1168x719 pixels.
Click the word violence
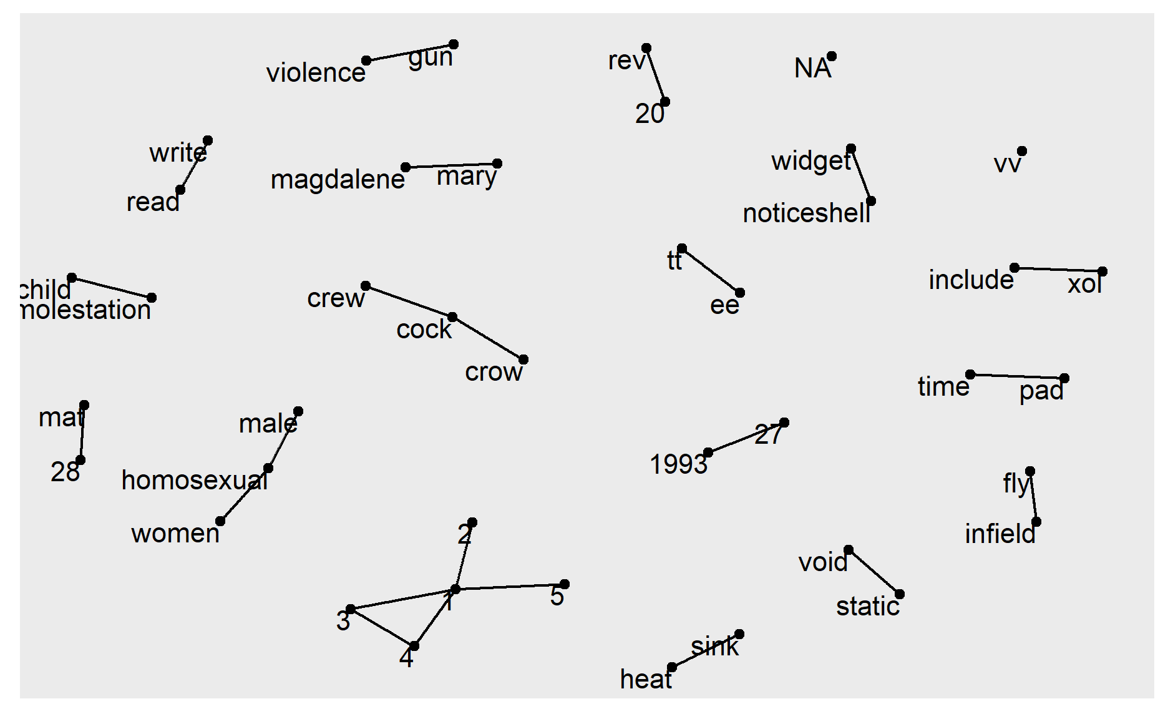pos(316,73)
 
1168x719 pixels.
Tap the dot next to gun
pos(454,44)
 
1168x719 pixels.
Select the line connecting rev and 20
pos(656,75)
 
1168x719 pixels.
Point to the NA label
pos(812,68)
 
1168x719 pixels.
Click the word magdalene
pos(338,180)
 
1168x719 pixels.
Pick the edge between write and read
pos(194,165)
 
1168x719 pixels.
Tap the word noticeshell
pos(806,213)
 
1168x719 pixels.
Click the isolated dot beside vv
pos(1022,151)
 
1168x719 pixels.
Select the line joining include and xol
pos(1058,270)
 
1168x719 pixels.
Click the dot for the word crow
pos(523,359)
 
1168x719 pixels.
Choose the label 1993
pos(678,464)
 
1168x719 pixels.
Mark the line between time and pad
pos(1017,376)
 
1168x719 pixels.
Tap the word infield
pos(1000,534)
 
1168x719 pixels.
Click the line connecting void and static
pos(874,572)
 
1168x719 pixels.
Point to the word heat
pos(645,679)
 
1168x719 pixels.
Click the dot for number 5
pos(565,584)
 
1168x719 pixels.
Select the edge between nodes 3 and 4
pos(382,627)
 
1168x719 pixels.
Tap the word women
pos(175,534)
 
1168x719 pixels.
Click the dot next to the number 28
pos(80,460)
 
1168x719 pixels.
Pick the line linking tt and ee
pos(711,271)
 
